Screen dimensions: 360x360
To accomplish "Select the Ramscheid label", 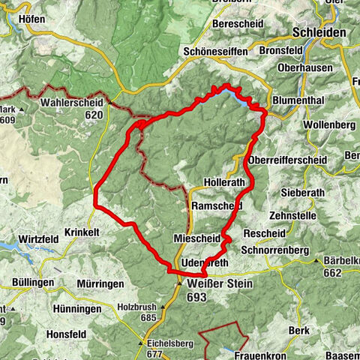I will [217, 205].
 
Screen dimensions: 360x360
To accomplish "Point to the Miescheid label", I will [196, 238].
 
